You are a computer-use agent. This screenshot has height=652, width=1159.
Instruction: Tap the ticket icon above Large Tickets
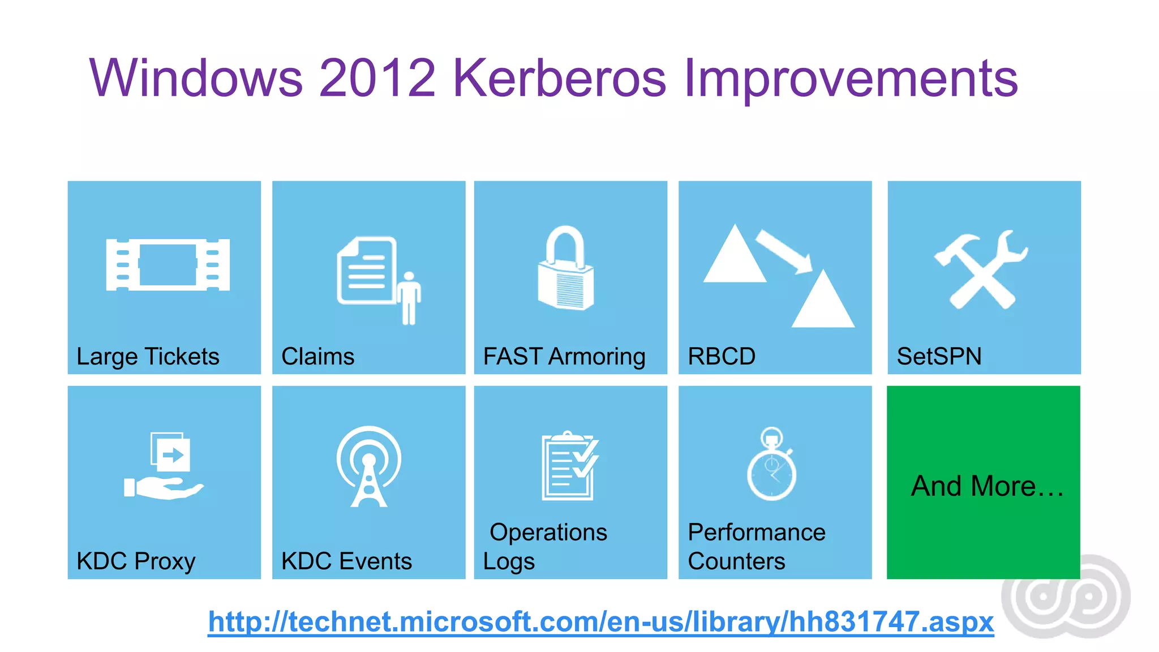[168, 264]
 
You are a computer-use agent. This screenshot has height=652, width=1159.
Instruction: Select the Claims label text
[317, 357]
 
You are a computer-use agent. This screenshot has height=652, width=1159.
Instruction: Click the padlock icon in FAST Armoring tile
[565, 269]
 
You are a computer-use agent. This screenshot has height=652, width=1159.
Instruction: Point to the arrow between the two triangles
[783, 251]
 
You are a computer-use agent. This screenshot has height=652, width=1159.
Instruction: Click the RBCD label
[721, 357]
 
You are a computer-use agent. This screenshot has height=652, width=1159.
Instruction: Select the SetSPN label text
[939, 357]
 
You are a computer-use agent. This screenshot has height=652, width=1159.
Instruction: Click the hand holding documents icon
[165, 466]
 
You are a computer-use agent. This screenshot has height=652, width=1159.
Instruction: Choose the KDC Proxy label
[136, 561]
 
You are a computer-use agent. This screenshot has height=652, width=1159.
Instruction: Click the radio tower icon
[369, 466]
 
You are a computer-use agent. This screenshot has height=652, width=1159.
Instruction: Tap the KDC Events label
[346, 561]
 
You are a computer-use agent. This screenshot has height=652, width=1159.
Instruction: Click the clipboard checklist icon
[569, 466]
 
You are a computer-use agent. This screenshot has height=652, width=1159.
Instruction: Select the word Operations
[548, 533]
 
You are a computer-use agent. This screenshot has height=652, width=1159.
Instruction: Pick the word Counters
[736, 561]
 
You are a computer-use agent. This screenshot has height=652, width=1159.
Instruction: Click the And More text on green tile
[986, 486]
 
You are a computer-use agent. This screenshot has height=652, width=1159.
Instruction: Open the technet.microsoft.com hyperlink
[600, 622]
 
